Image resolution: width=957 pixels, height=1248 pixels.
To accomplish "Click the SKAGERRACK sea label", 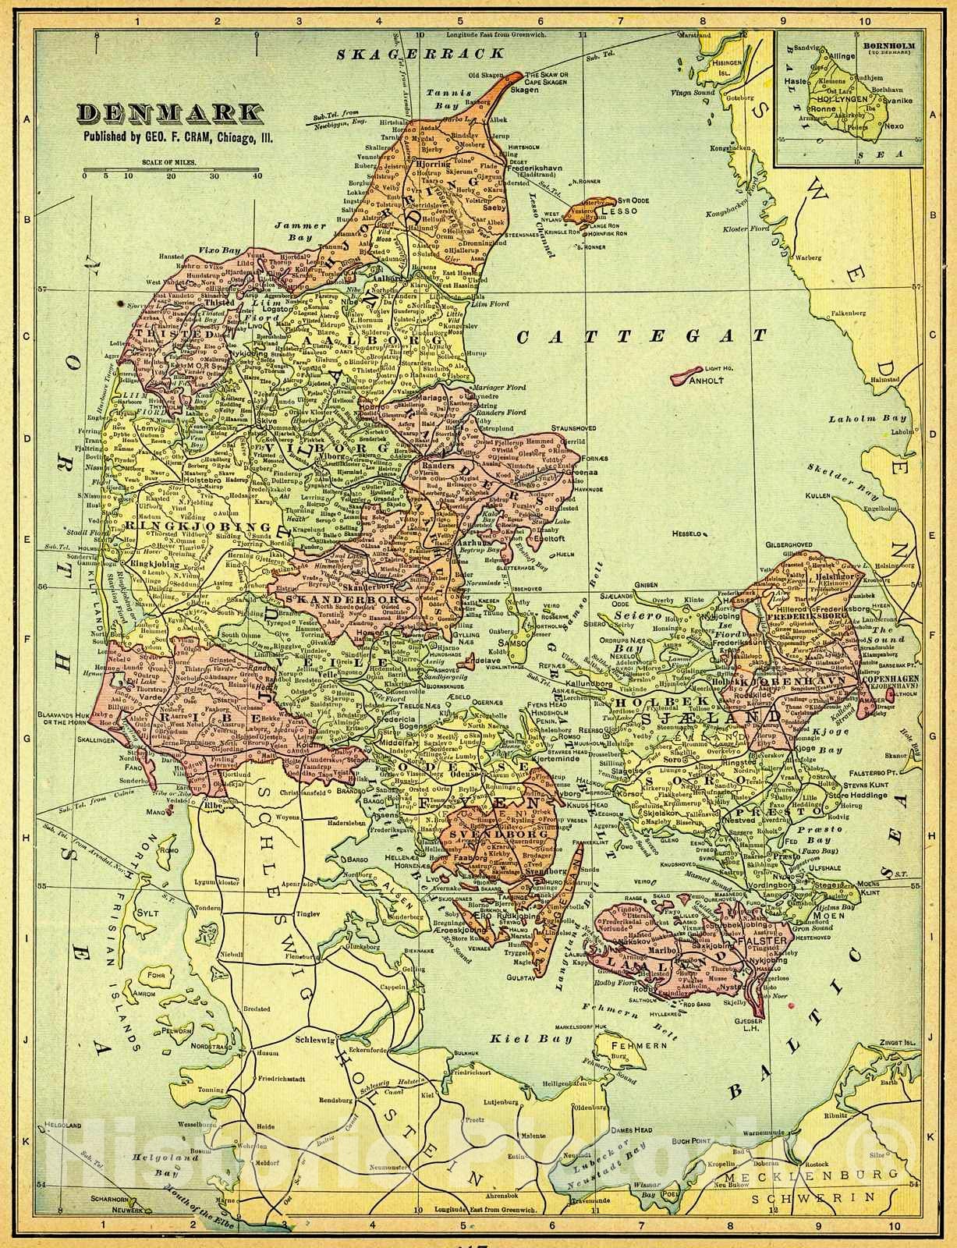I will (418, 54).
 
